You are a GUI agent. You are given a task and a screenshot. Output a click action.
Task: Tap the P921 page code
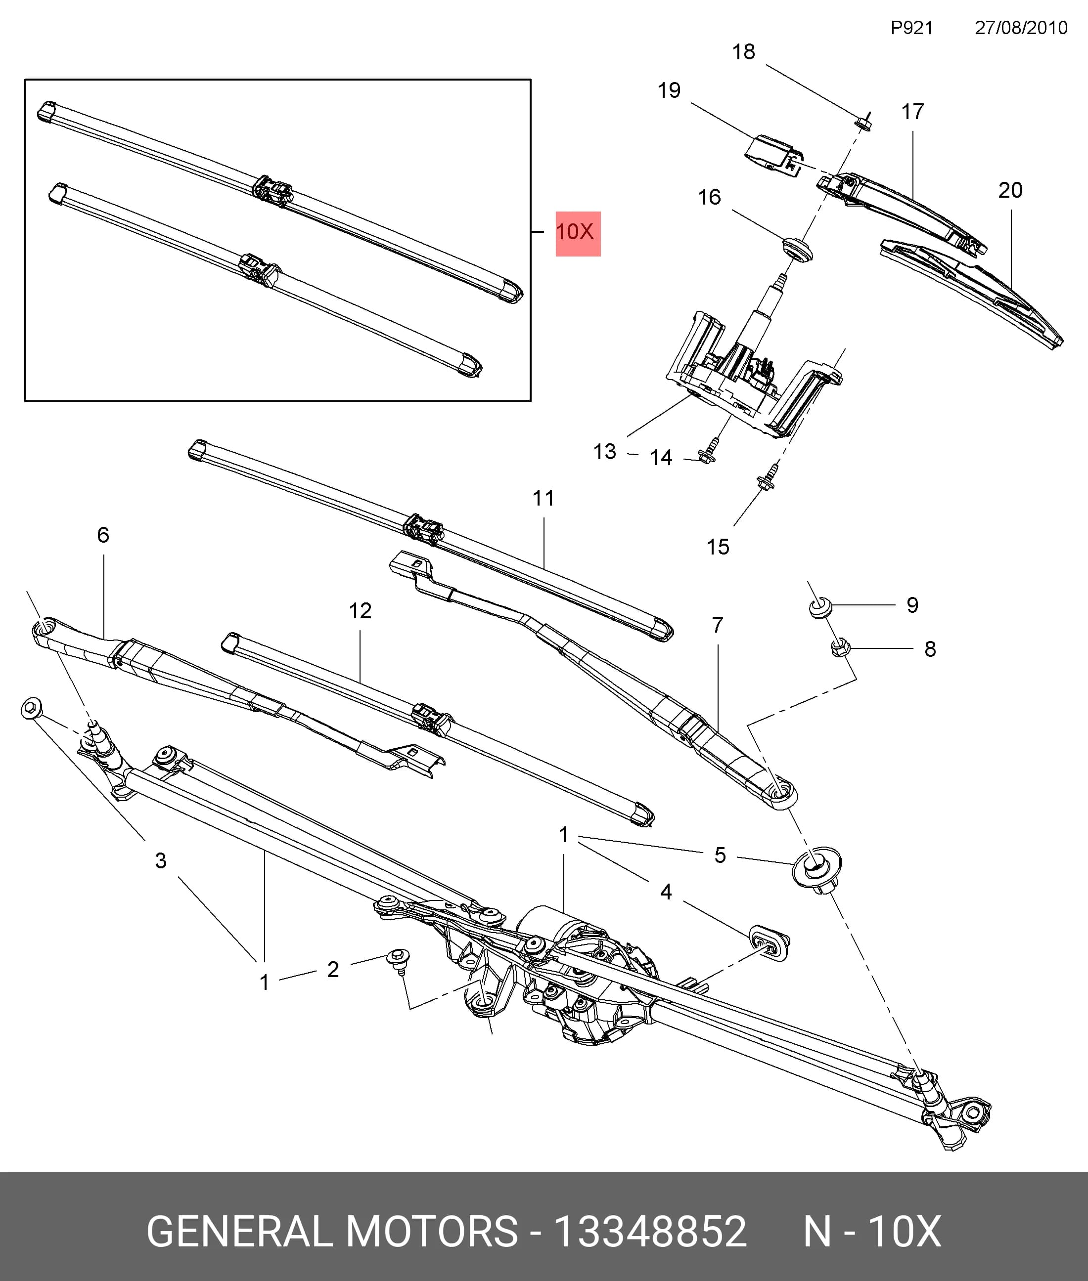click(x=911, y=28)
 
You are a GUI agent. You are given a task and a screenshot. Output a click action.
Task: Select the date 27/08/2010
click(x=1021, y=28)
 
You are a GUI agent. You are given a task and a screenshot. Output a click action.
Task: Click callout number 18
click(x=743, y=52)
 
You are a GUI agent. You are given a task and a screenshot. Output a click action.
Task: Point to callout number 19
click(x=669, y=90)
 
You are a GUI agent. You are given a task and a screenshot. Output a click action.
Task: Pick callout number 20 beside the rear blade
click(x=1010, y=190)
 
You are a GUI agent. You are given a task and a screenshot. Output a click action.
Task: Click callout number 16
click(x=709, y=197)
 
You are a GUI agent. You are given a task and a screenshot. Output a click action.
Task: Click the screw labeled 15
click(x=768, y=476)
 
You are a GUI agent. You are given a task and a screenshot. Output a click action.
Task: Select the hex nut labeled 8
click(x=840, y=648)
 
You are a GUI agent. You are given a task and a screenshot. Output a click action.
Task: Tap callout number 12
click(x=360, y=611)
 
